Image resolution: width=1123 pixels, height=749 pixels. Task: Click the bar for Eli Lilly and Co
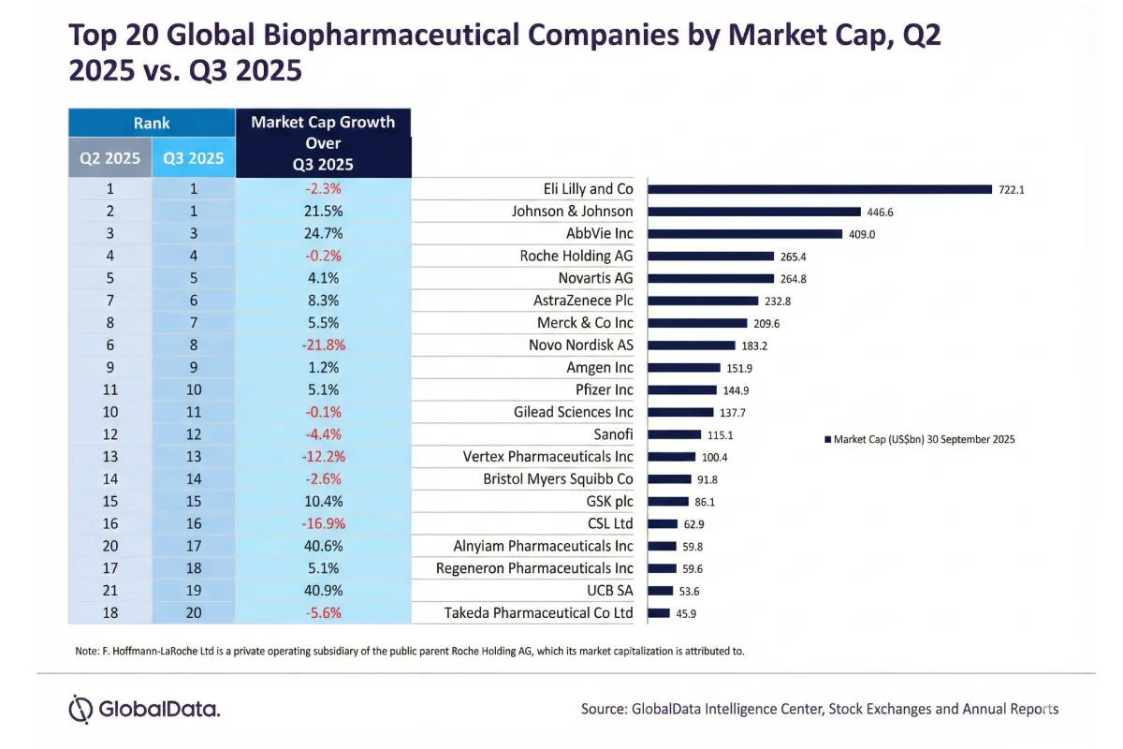click(x=820, y=189)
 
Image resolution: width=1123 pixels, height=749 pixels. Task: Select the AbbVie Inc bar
click(x=745, y=234)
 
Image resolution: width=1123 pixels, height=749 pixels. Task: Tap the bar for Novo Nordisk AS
click(x=692, y=345)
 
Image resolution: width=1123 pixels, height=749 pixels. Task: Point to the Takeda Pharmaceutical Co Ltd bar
click(x=659, y=613)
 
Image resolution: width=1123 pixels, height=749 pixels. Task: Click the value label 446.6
click(x=880, y=213)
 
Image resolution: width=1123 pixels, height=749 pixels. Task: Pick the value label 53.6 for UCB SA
click(x=689, y=592)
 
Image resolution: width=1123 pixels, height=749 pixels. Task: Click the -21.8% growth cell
click(x=324, y=345)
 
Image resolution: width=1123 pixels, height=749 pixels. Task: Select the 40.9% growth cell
click(x=324, y=591)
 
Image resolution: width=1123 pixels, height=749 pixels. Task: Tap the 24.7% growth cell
click(x=324, y=234)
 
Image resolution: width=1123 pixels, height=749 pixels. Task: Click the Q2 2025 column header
click(x=109, y=158)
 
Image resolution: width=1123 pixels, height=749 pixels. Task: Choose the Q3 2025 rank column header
click(x=194, y=158)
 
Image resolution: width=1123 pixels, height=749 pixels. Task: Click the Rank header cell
click(x=152, y=123)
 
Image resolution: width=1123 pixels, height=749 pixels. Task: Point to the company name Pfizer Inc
click(x=605, y=389)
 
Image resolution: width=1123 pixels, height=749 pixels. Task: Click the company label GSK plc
click(x=609, y=502)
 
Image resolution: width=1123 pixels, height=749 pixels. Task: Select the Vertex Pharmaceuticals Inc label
click(x=548, y=457)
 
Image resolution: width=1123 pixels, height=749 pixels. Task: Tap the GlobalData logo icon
click(x=80, y=710)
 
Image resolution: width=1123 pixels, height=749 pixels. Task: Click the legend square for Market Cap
click(x=827, y=439)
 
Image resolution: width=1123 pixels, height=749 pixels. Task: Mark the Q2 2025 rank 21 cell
click(x=110, y=591)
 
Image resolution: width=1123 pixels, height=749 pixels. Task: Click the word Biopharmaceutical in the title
click(x=391, y=36)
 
